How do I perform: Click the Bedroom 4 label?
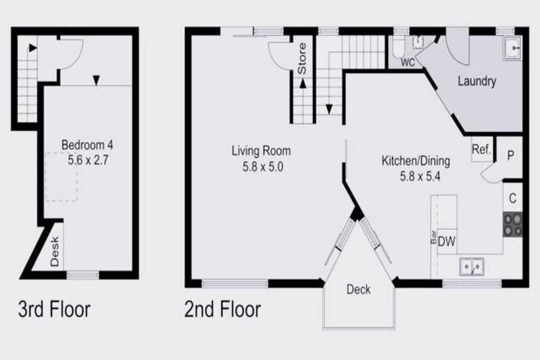tap(87, 146)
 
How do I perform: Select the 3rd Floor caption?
tap(54, 309)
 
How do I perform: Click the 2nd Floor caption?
tap(222, 309)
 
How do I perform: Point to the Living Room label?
tap(261, 150)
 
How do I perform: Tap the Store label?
tap(302, 60)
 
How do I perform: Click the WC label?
tap(407, 62)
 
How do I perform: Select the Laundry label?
tap(477, 82)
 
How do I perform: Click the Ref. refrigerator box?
tap(482, 149)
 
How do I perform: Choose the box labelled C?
tap(513, 198)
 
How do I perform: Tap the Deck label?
tap(359, 289)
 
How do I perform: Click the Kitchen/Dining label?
tap(416, 161)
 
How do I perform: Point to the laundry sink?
tap(513, 49)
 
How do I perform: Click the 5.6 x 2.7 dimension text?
tap(87, 160)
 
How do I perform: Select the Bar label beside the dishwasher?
tap(433, 237)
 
